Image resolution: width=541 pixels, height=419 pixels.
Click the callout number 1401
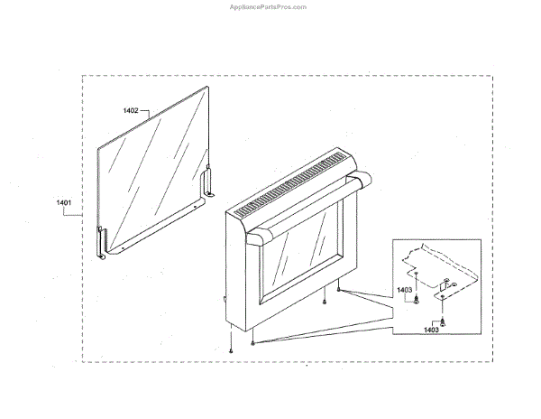[x=63, y=204]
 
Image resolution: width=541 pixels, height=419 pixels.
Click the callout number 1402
[x=131, y=110]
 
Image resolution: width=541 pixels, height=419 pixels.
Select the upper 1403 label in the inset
[x=404, y=290]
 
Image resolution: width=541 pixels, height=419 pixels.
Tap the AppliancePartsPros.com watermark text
[x=269, y=5]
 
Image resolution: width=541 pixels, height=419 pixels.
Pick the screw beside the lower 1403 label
[x=444, y=321]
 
